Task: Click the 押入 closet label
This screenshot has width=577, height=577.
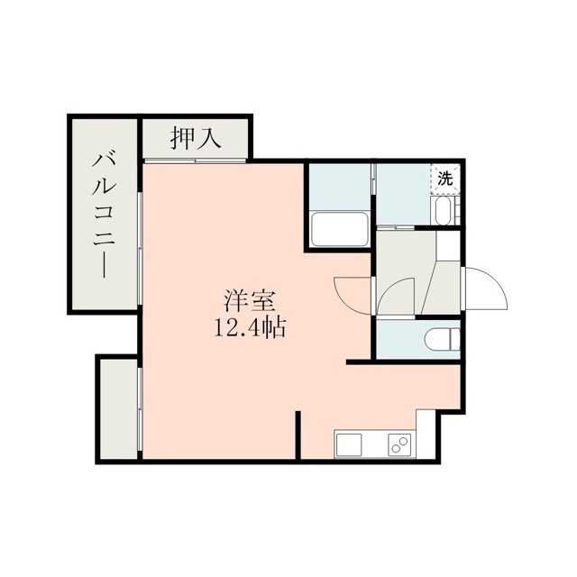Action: (196, 138)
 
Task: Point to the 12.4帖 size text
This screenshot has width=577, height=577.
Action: (250, 328)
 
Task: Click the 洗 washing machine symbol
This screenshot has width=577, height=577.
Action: (445, 179)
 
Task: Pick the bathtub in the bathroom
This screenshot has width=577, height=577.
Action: (341, 230)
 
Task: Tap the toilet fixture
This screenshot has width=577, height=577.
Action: (442, 339)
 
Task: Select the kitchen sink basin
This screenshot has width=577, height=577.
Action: (348, 444)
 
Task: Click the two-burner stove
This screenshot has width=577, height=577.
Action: (399, 444)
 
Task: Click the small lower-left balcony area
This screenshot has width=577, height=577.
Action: (118, 408)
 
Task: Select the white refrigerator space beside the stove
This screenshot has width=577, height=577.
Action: (426, 434)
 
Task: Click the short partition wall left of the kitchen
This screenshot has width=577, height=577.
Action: (298, 435)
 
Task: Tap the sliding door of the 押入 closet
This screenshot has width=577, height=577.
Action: (195, 160)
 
